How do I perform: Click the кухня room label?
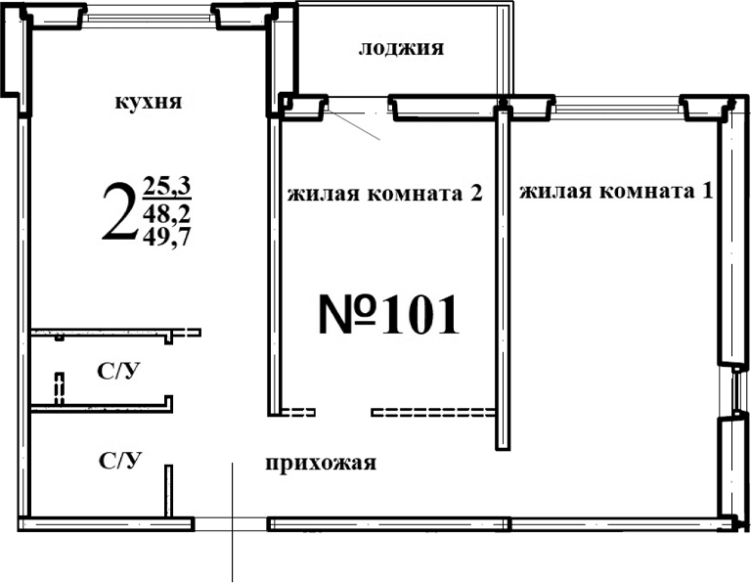(150, 102)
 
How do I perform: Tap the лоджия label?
(402, 48)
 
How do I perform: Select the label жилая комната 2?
(385, 192)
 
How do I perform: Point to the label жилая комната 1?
(614, 191)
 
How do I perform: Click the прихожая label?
(321, 463)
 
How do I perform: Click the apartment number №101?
(389, 314)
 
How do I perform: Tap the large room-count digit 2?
(119, 213)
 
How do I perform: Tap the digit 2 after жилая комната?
(476, 192)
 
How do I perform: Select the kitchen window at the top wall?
(149, 18)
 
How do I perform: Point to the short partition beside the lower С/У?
(168, 489)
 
